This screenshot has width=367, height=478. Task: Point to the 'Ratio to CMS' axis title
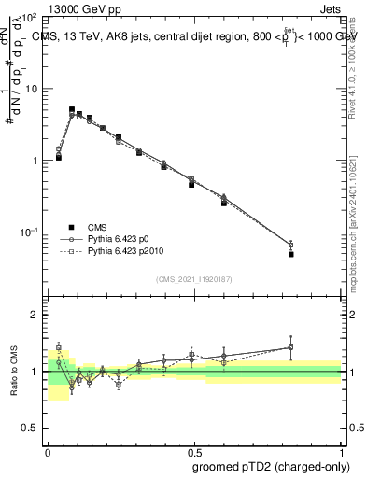[x=13, y=371]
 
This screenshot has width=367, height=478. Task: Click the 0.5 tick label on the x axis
[x=194, y=449]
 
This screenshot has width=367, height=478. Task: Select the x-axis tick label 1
[x=342, y=449]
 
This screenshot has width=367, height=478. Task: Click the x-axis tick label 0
[x=48, y=449]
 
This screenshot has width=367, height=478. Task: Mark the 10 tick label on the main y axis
[x=31, y=90]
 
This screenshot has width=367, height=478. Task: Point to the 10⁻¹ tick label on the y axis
[x=29, y=231]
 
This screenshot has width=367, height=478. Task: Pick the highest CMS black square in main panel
[x=72, y=109]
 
